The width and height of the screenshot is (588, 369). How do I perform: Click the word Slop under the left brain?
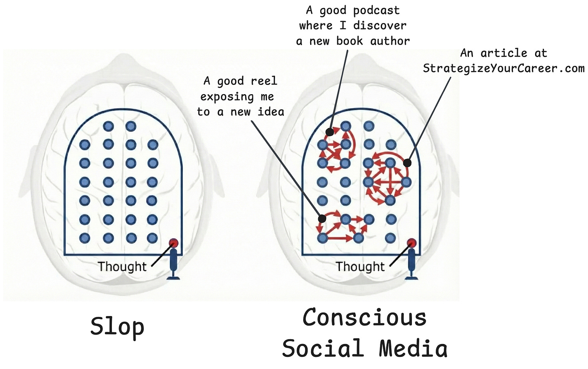pyautogui.click(x=117, y=327)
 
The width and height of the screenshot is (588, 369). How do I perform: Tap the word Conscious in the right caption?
pyautogui.click(x=364, y=317)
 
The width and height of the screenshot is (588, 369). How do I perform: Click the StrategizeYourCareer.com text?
pyautogui.click(x=504, y=68)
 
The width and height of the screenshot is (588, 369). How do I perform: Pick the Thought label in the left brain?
pyautogui.click(x=122, y=266)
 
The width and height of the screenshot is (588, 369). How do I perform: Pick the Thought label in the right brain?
pyautogui.click(x=360, y=266)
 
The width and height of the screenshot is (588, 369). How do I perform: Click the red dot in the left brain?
pyautogui.click(x=174, y=242)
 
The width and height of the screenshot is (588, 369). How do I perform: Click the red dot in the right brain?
pyautogui.click(x=412, y=242)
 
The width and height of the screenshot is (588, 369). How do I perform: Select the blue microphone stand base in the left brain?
pyautogui.click(x=174, y=277)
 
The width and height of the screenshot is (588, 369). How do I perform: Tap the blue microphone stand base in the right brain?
pyautogui.click(x=412, y=277)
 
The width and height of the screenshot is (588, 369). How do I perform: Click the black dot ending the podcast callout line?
pyautogui.click(x=330, y=132)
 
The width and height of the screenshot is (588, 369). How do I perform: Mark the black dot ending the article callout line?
pyautogui.click(x=407, y=163)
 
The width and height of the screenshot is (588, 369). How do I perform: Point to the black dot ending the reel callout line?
pyautogui.click(x=322, y=219)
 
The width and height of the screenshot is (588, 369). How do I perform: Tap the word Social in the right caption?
pyautogui.click(x=321, y=348)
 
